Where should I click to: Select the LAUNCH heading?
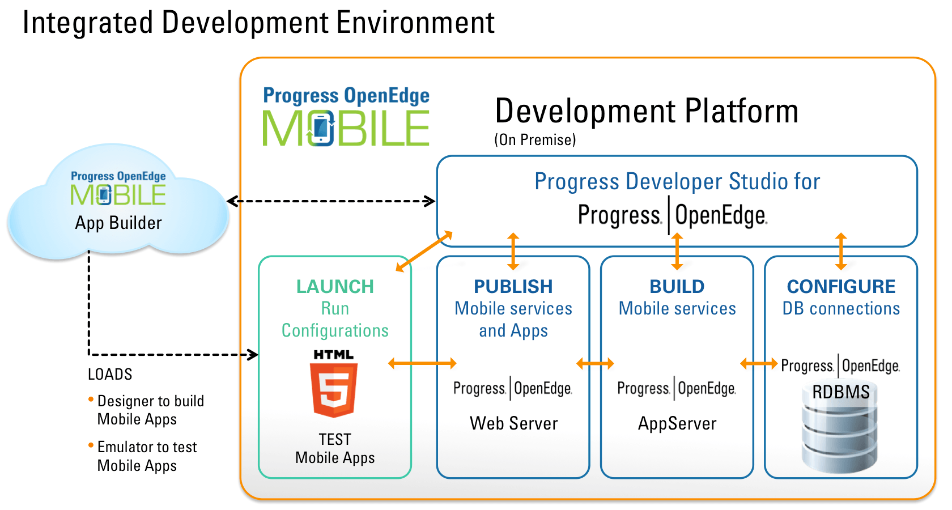(335, 287)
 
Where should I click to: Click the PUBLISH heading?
(513, 287)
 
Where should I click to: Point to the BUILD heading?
(677, 287)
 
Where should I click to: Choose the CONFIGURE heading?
(841, 287)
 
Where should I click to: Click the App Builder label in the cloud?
(118, 223)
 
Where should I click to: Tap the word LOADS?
(110, 375)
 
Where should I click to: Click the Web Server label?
(513, 423)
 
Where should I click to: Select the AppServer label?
(677, 423)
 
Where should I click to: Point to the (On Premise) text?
(535, 140)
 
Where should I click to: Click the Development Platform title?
(647, 110)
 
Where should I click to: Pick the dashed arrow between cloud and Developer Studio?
(331, 201)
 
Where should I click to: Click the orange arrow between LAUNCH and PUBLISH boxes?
(422, 363)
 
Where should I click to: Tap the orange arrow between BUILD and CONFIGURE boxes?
(759, 363)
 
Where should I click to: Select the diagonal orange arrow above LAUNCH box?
(424, 251)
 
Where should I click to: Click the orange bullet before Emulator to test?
(91, 445)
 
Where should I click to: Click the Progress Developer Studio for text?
(677, 182)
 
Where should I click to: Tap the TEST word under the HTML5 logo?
(335, 440)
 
